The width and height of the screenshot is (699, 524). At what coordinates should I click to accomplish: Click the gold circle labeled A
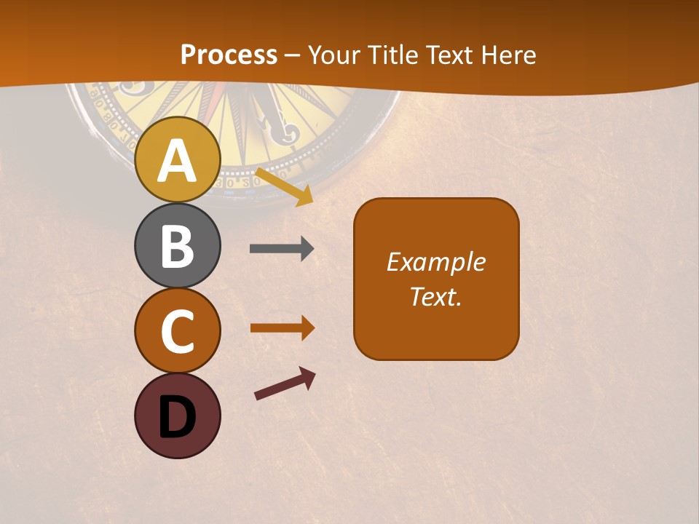[x=177, y=159]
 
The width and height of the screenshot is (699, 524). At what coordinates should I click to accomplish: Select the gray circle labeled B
[x=177, y=245]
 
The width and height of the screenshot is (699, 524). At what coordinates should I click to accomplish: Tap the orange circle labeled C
[x=177, y=331]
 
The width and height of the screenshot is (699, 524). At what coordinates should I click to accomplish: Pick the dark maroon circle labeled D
[x=177, y=416]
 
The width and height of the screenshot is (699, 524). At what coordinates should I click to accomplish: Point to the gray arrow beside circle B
[x=282, y=249]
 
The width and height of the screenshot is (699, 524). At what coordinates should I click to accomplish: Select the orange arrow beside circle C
[x=283, y=328]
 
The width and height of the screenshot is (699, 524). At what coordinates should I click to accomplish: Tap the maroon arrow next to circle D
[x=285, y=384]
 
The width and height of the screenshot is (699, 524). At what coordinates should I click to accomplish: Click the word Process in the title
[x=229, y=55]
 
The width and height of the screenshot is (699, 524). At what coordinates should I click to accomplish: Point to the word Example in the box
[x=436, y=262]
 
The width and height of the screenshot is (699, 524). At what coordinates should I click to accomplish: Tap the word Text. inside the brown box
[x=436, y=296]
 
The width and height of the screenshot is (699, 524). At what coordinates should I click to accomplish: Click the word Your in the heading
[x=333, y=55]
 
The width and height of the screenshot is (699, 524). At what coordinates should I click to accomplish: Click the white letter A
[x=177, y=162]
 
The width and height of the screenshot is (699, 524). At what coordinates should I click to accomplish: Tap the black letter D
[x=177, y=417]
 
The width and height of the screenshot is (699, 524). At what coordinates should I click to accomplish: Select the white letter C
[x=177, y=332]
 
